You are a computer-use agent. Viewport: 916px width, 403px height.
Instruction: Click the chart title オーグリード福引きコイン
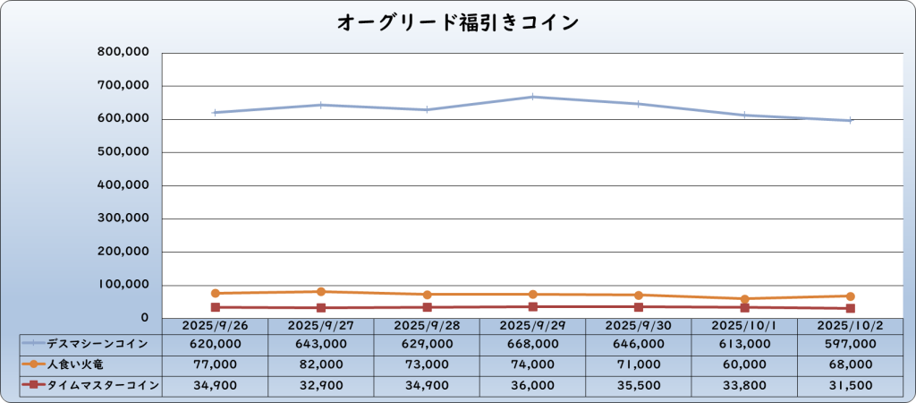pyautogui.click(x=457, y=22)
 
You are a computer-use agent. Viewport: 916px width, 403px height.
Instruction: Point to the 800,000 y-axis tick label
pyautogui.click(x=123, y=53)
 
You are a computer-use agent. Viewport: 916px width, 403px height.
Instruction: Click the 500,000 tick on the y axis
pyautogui.click(x=123, y=152)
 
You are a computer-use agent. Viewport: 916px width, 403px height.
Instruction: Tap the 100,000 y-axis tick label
pyautogui.click(x=123, y=285)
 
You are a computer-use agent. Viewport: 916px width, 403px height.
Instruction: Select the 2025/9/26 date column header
pyautogui.click(x=216, y=326)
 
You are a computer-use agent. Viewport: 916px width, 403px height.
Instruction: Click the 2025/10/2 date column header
pyautogui.click(x=850, y=326)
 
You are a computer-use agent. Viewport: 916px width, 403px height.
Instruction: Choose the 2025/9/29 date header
pyautogui.click(x=532, y=326)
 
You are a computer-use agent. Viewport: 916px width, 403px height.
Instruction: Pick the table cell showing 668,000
pyautogui.click(x=532, y=344)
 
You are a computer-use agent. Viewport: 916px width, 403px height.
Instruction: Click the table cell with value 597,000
pyautogui.click(x=850, y=344)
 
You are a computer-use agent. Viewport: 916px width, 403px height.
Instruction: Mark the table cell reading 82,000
pyautogui.click(x=321, y=364)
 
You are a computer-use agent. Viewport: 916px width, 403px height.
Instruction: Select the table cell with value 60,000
pyautogui.click(x=744, y=364)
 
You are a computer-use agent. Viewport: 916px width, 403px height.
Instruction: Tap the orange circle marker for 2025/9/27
pyautogui.click(x=321, y=291)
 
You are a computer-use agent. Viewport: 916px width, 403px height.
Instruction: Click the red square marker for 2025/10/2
pyautogui.click(x=850, y=308)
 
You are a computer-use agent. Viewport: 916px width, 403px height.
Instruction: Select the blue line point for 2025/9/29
pyautogui.click(x=532, y=97)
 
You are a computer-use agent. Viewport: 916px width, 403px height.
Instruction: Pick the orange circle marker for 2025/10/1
pyautogui.click(x=744, y=298)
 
